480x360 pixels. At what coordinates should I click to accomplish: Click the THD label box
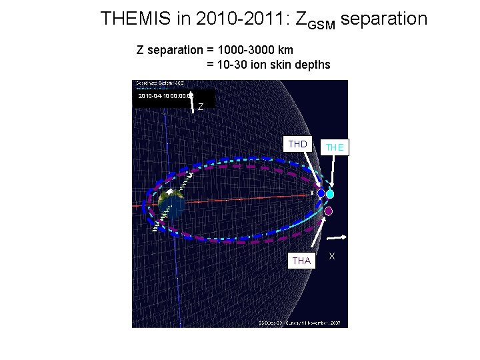click(298, 144)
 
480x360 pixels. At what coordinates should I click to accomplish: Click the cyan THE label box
click(335, 147)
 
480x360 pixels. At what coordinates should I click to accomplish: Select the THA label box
click(301, 261)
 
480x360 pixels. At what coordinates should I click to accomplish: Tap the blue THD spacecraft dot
click(321, 193)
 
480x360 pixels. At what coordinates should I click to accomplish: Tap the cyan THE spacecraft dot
click(330, 194)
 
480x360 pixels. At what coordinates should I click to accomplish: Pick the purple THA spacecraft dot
click(328, 211)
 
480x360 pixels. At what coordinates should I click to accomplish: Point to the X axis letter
click(332, 257)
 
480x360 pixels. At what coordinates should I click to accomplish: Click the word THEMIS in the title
click(135, 19)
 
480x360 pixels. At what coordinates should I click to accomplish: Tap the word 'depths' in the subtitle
click(313, 65)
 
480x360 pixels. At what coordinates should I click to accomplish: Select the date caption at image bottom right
click(300, 323)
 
